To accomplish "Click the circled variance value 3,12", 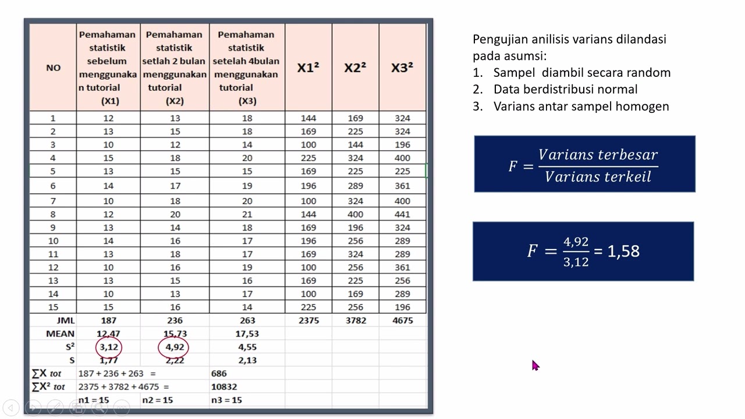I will (109, 347).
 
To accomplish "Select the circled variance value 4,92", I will (174, 347).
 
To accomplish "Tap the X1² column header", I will (308, 68).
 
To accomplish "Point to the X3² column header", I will (402, 68).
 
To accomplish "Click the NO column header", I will (53, 68).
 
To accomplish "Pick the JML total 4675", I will (402, 320).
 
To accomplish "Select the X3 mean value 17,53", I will (247, 333).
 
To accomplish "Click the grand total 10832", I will (224, 386).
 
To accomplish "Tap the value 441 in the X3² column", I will (402, 214).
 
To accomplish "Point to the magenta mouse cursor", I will (535, 365).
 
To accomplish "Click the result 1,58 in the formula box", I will (623, 251).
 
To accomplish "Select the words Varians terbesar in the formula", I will (598, 155).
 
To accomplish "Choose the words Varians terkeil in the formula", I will (598, 177).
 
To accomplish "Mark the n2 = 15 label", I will (157, 400).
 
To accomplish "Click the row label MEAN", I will (60, 333).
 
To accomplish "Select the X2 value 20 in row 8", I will (174, 214).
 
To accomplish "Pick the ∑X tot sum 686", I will (219, 373).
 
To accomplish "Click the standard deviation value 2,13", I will (247, 360).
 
